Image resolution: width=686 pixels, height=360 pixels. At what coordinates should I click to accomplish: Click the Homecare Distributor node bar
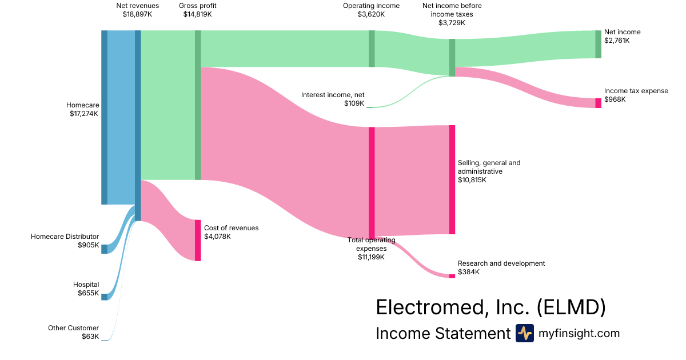104,249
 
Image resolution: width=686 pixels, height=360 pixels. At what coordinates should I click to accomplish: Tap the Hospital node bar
104,297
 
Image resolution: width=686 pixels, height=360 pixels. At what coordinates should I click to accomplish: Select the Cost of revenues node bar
198,240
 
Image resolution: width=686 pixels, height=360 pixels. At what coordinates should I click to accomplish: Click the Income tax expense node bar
598,103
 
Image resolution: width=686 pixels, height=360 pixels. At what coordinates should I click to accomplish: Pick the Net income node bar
598,44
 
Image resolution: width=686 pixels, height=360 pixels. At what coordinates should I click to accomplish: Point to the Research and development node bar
452,276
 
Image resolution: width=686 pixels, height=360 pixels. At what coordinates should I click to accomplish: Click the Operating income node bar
372,49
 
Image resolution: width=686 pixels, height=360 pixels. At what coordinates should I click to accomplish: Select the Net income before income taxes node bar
452,57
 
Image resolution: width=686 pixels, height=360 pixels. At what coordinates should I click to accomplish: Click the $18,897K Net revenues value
137,14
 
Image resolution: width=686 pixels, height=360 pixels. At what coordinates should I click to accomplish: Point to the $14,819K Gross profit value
197,14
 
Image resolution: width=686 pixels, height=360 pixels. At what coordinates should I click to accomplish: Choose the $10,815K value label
472,180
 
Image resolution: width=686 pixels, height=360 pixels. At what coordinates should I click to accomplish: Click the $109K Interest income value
354,103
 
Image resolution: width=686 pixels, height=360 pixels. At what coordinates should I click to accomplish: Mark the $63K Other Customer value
90,337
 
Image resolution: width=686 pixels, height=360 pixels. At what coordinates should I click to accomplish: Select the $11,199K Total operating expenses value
371,257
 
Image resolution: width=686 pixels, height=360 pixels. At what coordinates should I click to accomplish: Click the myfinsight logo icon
524,333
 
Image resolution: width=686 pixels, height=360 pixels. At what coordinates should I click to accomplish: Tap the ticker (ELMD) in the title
571,307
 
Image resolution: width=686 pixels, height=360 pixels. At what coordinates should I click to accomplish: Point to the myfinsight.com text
579,333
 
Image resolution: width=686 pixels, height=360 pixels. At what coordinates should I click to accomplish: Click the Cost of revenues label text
231,228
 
